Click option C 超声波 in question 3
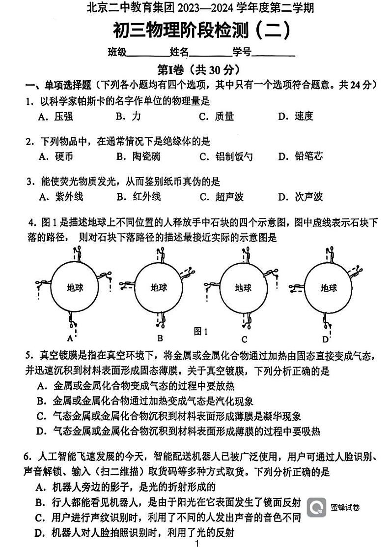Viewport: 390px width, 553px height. [x=221, y=197]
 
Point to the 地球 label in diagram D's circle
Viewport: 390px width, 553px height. [x=329, y=287]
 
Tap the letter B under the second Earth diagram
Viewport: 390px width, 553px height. [x=160, y=338]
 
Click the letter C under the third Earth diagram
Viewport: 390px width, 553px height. [x=244, y=339]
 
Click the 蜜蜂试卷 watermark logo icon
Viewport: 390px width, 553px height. [x=316, y=507]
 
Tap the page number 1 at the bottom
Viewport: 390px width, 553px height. [x=196, y=544]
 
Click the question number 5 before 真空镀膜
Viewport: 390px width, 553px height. [x=29, y=355]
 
